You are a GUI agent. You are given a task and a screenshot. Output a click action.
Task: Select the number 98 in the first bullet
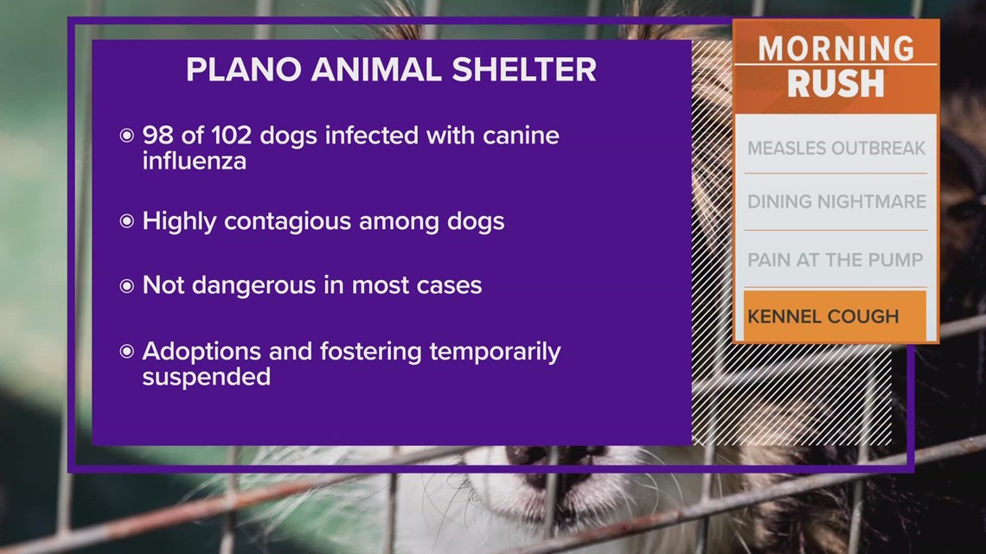coord(158,136)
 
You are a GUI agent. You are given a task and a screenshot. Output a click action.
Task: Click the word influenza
coord(194,161)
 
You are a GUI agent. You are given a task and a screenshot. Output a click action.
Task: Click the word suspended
coord(206,377)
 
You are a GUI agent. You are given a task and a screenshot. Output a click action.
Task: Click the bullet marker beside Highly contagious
coord(127,222)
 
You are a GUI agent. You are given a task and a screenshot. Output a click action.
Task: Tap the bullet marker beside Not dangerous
coord(127,286)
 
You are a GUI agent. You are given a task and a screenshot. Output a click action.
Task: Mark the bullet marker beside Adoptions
coord(127,352)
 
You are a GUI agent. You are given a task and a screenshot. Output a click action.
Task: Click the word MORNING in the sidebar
coord(836,48)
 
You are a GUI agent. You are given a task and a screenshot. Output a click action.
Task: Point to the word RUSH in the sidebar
coord(836,84)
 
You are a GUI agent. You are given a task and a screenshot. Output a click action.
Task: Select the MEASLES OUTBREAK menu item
coord(836,148)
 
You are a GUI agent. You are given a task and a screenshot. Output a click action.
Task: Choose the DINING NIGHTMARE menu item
coord(836,202)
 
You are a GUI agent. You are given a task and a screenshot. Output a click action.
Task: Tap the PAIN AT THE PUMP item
coord(836,259)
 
